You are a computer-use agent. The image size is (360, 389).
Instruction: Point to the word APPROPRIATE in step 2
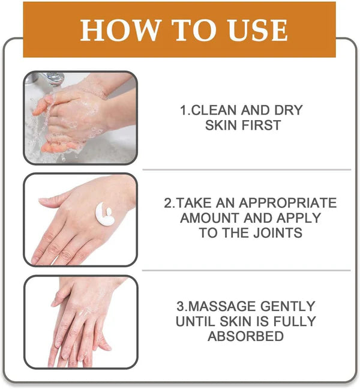[x=284, y=203]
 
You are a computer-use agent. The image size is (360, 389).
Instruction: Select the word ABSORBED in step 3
[x=246, y=336]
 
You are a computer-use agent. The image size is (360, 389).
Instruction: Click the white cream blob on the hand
[x=104, y=214]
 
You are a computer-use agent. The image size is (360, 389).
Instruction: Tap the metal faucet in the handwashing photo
[x=51, y=78]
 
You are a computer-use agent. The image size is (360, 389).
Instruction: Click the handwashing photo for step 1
[x=80, y=118]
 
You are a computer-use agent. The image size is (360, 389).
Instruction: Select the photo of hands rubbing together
[x=80, y=321]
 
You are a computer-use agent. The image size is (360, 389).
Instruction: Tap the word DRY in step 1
[x=290, y=110]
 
